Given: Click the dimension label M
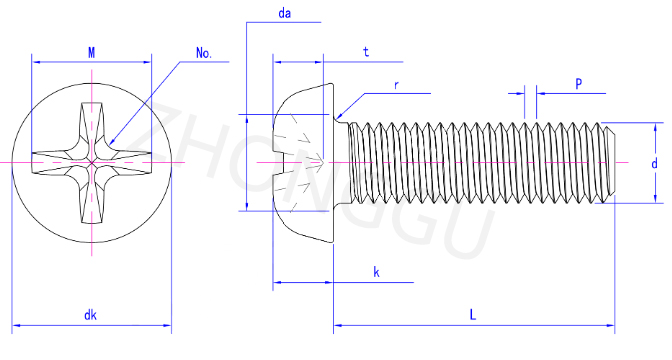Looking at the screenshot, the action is pyautogui.click(x=92, y=53).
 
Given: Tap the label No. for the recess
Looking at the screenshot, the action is pyautogui.click(x=204, y=53).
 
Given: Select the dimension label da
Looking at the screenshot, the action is pyautogui.click(x=285, y=13).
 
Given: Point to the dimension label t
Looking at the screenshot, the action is pyautogui.click(x=366, y=52).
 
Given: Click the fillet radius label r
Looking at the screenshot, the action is pyautogui.click(x=396, y=85).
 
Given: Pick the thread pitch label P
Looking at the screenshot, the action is pyautogui.click(x=579, y=84).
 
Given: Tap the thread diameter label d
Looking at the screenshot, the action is pyautogui.click(x=654, y=163).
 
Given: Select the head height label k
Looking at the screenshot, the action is pyautogui.click(x=376, y=272).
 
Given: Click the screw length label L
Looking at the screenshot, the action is pyautogui.click(x=473, y=315).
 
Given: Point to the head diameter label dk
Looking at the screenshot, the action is pyautogui.click(x=90, y=315).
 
